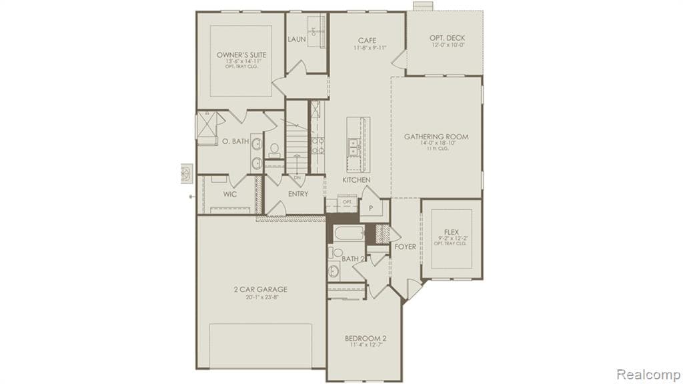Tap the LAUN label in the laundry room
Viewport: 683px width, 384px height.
(x=297, y=39)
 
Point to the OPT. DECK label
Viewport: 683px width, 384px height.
(x=447, y=38)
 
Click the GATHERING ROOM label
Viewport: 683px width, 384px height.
(x=436, y=137)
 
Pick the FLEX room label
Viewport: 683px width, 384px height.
(x=451, y=232)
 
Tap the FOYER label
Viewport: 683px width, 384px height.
(x=405, y=247)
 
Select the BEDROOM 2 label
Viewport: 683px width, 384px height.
(x=365, y=338)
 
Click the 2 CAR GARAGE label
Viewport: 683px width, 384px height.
(x=260, y=289)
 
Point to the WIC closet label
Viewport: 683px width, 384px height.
(x=230, y=195)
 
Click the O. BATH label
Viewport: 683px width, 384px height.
(x=235, y=141)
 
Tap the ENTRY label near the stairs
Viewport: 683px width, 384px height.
(x=297, y=194)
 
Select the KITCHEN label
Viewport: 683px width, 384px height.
(x=356, y=180)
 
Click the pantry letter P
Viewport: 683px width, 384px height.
(x=371, y=208)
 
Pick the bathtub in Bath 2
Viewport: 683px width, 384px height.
(x=348, y=233)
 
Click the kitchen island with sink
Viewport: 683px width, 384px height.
(x=358, y=139)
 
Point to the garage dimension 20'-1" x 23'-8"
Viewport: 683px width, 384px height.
(x=260, y=298)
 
